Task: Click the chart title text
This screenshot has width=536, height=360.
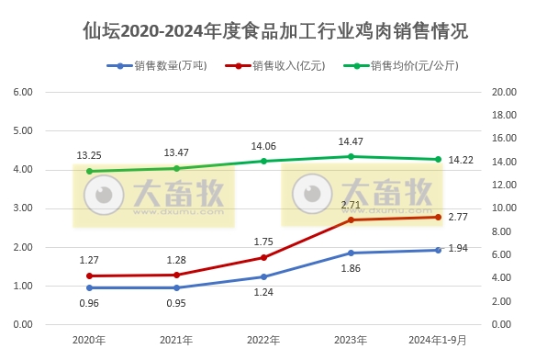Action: pos(268,31)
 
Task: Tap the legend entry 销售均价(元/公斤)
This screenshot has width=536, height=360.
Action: pos(408,66)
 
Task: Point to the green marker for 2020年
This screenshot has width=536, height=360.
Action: pos(89,171)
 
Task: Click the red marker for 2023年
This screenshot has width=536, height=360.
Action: pos(351,219)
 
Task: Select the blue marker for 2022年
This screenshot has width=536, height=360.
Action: pos(263,276)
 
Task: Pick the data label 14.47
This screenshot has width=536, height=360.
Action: pos(351,141)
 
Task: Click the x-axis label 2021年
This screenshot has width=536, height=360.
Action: pos(176,340)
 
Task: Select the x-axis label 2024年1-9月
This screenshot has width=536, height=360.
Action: pos(437,340)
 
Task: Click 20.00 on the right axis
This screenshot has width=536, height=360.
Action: pos(503,93)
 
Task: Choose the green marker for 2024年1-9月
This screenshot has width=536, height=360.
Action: pos(438,159)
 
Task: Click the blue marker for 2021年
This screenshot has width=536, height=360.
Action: pos(176,287)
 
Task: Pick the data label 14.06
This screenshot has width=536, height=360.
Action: pos(263,146)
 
